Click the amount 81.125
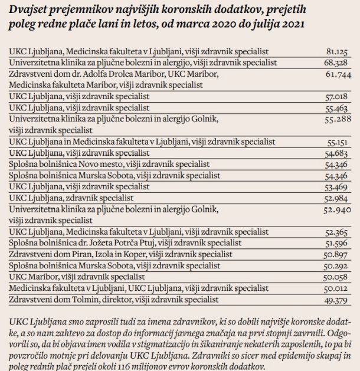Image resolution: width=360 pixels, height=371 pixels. (337, 51)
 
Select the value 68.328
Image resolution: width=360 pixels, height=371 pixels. (336, 63)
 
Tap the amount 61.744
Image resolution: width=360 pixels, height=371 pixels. (338, 74)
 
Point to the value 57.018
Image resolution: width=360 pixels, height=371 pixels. (336, 97)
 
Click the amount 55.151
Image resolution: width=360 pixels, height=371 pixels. (337, 142)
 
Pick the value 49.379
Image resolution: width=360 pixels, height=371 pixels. (336, 300)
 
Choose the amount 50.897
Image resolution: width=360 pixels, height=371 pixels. (335, 255)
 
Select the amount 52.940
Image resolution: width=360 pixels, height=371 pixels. (337, 210)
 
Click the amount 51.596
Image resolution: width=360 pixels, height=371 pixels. (336, 243)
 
